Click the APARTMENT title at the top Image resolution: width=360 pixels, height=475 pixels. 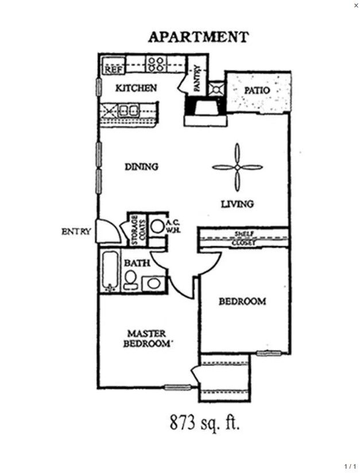pos(198,37)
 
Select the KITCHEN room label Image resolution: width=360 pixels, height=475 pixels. pos(136,88)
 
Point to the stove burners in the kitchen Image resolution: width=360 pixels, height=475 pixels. pos(155,63)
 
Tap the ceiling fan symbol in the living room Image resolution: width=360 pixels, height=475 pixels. pos(237,168)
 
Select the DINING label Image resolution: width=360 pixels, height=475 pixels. pos(141,167)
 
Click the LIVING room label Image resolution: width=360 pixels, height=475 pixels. pos(238,204)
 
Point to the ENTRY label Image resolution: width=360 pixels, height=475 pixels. pos(76,232)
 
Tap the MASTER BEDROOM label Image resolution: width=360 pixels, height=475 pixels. pos(146,338)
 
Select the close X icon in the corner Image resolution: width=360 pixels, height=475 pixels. pos(355,5)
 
